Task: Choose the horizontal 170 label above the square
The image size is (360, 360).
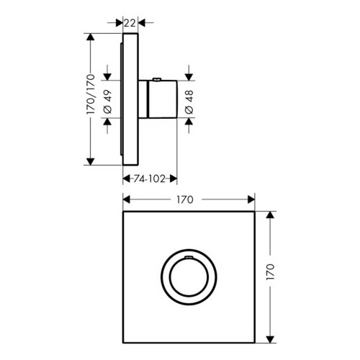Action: click(189, 200)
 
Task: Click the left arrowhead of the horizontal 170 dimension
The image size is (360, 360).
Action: click(126, 200)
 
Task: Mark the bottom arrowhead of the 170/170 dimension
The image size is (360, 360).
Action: click(91, 163)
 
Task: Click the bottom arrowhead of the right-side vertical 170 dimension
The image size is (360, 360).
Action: click(271, 336)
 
